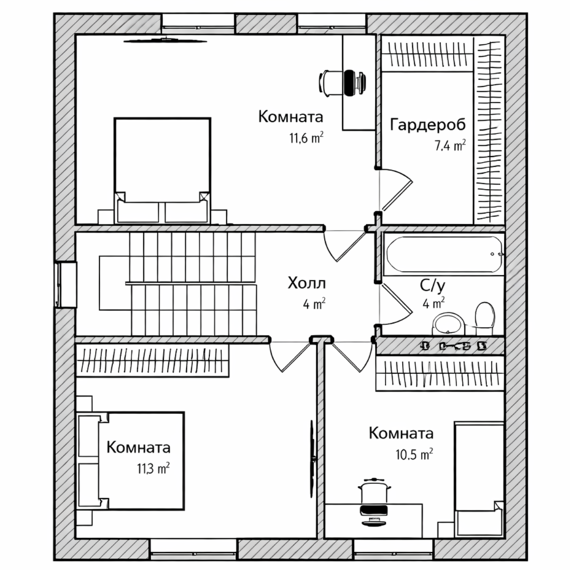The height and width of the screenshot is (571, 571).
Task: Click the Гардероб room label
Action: (x=427, y=125)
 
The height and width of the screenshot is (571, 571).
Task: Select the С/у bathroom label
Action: (x=432, y=285)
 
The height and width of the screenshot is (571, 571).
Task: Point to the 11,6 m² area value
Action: (x=306, y=138)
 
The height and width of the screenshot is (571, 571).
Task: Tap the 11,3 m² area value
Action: (x=153, y=469)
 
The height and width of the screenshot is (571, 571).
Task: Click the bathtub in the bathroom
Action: (x=444, y=254)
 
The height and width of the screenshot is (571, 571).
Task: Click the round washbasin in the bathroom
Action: (x=450, y=323)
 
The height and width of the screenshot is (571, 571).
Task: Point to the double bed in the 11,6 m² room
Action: (x=163, y=169)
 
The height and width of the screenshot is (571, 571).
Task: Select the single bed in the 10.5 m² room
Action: (x=479, y=476)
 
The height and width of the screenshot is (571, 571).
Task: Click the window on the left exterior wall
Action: (x=65, y=284)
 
